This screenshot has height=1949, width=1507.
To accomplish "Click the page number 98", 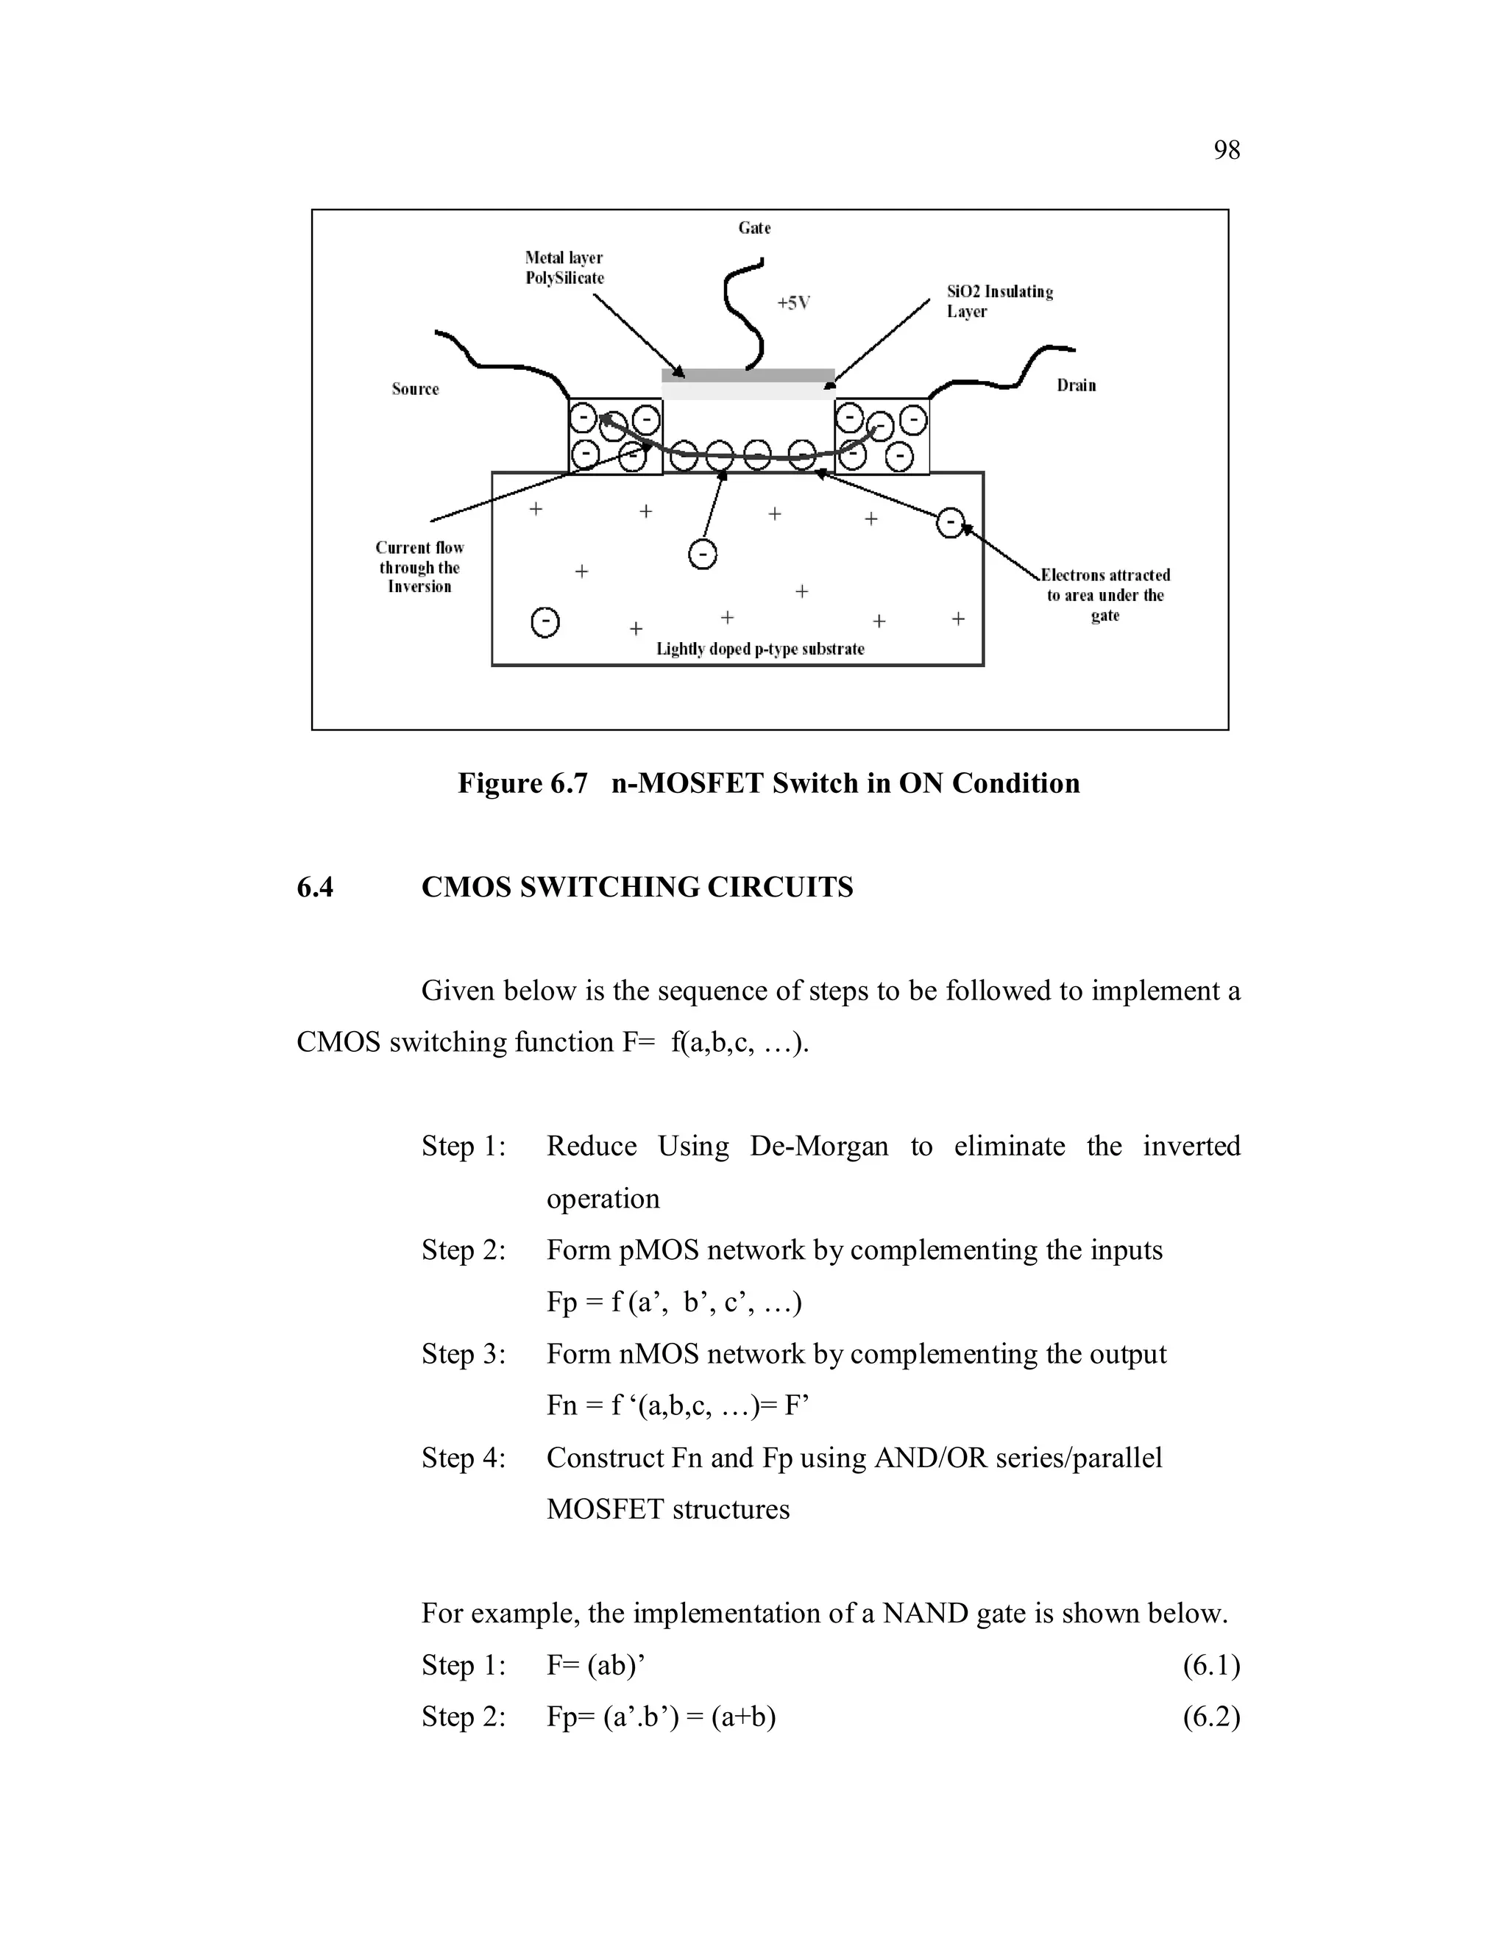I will pyautogui.click(x=1227, y=150).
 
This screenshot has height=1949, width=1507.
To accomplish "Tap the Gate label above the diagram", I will pyautogui.click(x=754, y=229).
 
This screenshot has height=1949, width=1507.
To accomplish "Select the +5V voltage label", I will pyautogui.click(x=792, y=304).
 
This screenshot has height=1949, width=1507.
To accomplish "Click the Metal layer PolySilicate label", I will pyautogui.click(x=564, y=268).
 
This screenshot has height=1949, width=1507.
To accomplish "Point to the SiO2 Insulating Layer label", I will pyautogui.click(x=999, y=302).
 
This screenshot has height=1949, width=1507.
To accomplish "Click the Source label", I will pyautogui.click(x=415, y=389).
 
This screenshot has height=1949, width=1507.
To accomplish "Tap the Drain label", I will pyautogui.click(x=1076, y=385).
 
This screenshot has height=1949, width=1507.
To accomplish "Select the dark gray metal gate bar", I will pyautogui.click(x=748, y=375).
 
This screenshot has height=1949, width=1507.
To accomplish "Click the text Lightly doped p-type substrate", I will pyautogui.click(x=759, y=649).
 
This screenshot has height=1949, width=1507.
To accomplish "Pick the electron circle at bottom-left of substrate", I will pyautogui.click(x=545, y=621).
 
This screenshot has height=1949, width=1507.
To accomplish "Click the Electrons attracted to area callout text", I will pyautogui.click(x=1105, y=595).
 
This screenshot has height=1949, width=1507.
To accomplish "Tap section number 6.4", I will pyautogui.click(x=315, y=887).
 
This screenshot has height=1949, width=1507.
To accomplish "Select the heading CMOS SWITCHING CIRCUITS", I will pyautogui.click(x=637, y=887).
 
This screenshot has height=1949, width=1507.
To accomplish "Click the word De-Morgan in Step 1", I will pyautogui.click(x=819, y=1146).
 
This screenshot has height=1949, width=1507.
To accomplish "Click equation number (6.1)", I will pyautogui.click(x=1211, y=1665).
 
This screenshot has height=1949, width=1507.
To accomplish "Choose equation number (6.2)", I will pyautogui.click(x=1211, y=1717).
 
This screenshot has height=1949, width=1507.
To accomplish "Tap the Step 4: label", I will pyautogui.click(x=464, y=1458).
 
